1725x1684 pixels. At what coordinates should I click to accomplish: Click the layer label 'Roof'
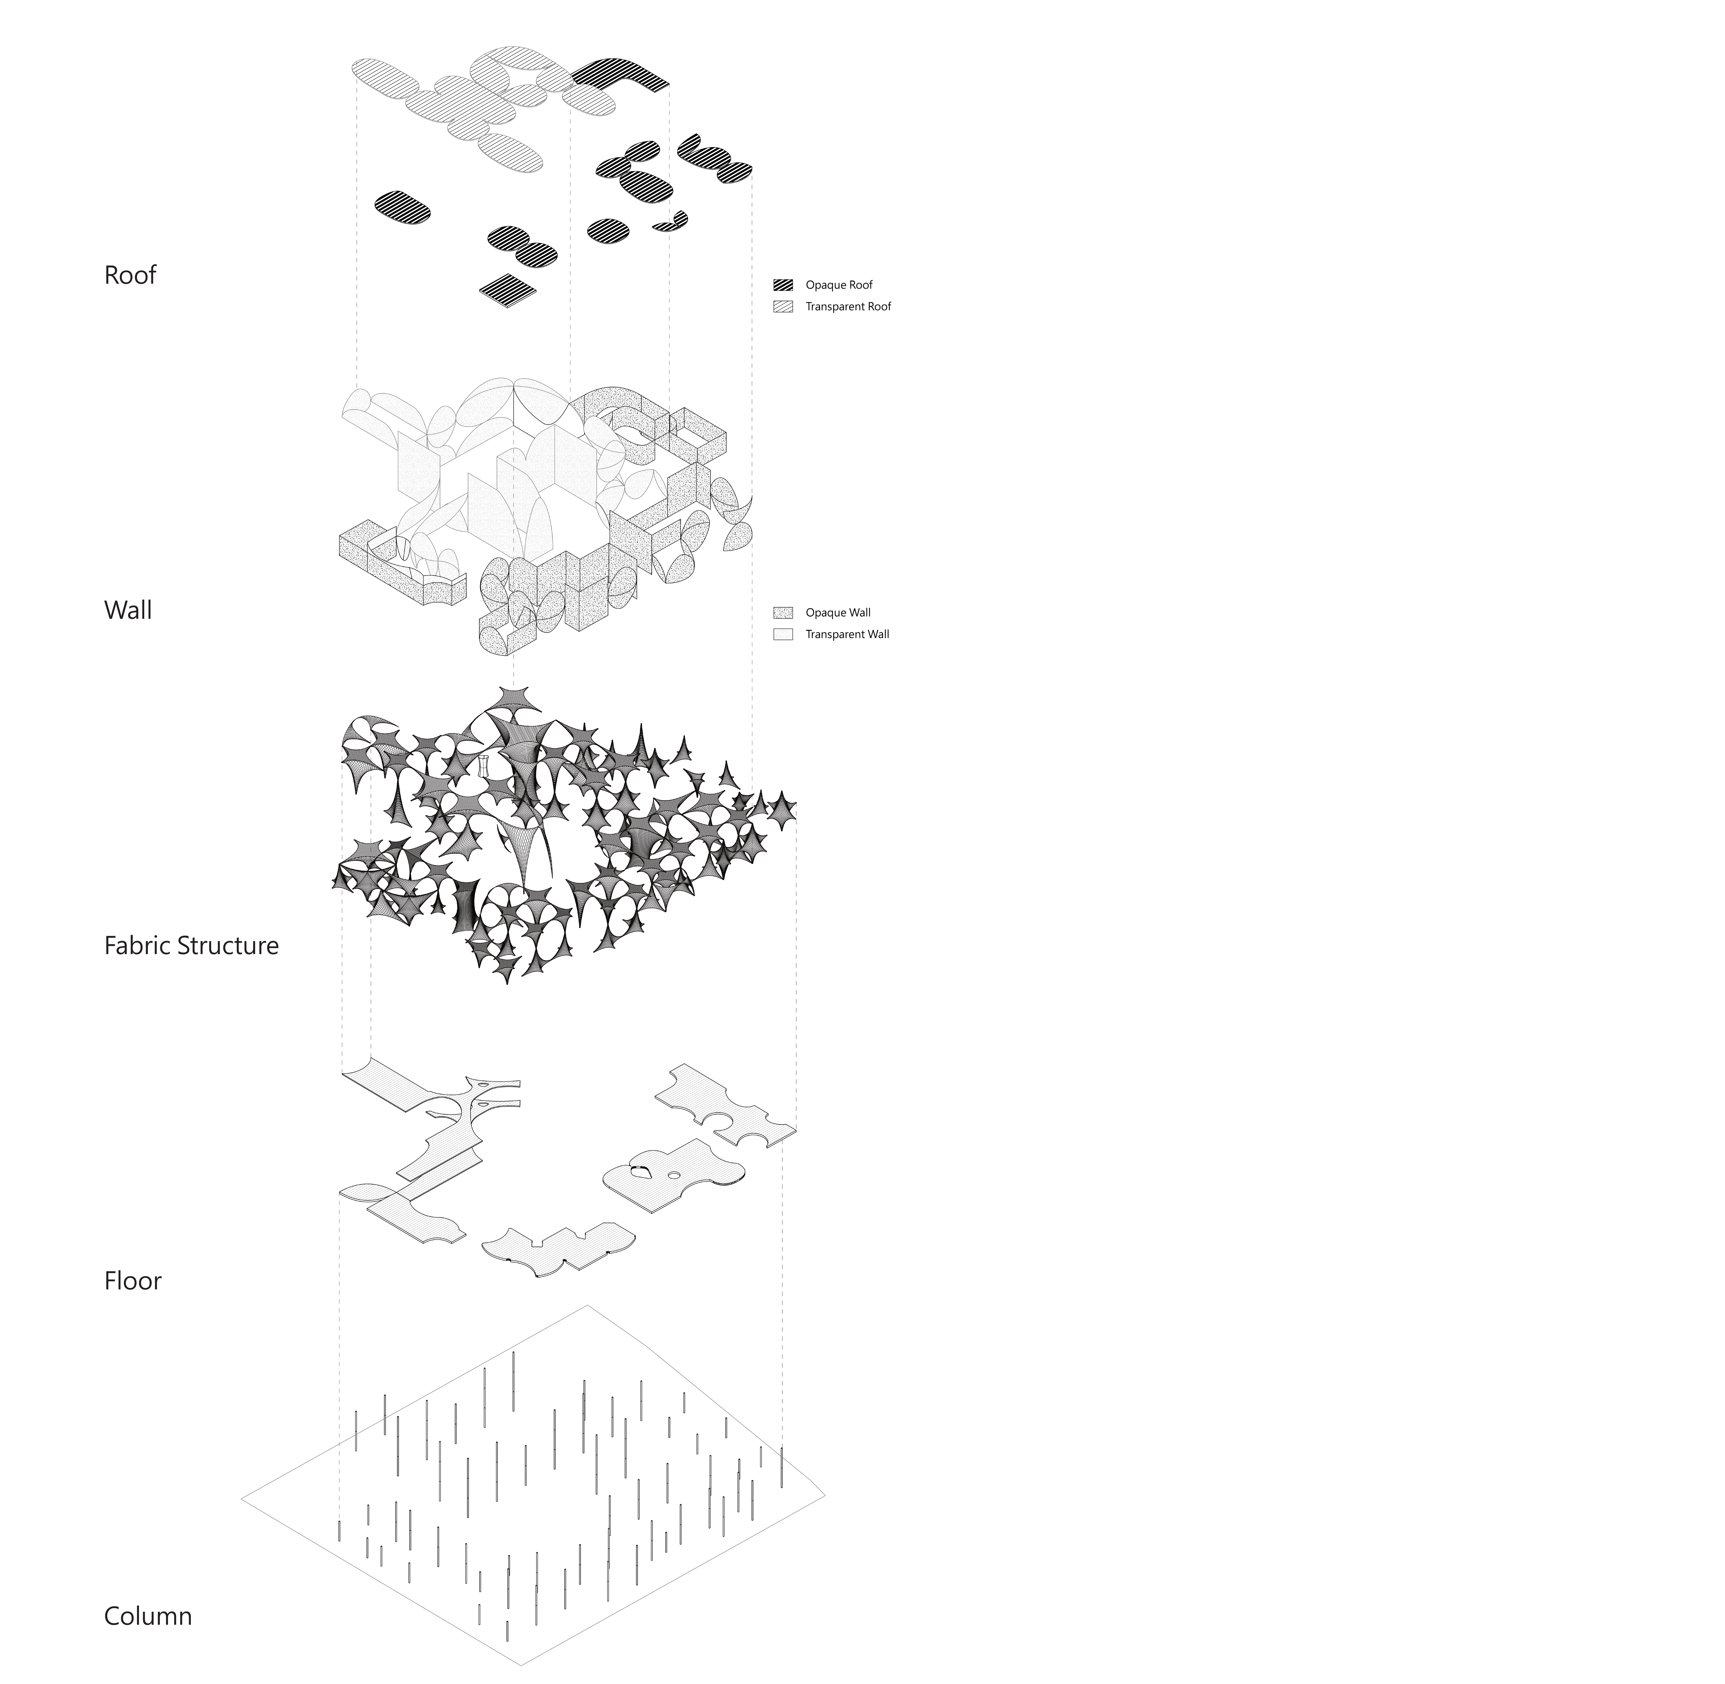[130, 275]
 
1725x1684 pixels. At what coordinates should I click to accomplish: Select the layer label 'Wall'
[128, 610]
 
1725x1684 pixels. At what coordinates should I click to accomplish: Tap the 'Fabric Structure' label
[191, 945]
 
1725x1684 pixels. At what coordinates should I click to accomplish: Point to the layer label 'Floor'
[133, 1281]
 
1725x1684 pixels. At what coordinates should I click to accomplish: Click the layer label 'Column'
[148, 1616]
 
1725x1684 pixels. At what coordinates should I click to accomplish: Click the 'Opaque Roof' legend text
[839, 285]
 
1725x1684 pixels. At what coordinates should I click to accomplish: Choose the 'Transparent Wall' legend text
[847, 634]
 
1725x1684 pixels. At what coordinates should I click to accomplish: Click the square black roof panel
[508, 289]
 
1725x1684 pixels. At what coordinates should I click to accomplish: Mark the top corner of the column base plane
[587, 1305]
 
